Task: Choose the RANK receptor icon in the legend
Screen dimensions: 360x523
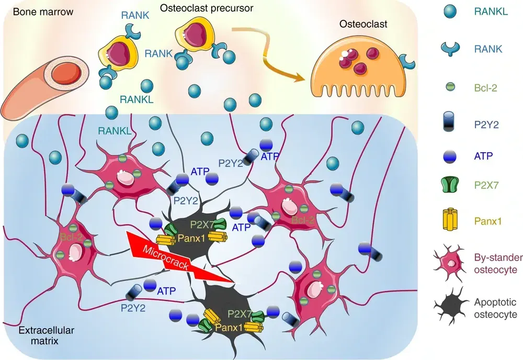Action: (448, 49)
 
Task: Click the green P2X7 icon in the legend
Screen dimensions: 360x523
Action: (448, 187)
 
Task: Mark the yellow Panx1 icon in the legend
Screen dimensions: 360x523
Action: (448, 221)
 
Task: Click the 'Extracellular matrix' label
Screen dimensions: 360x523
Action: (39, 335)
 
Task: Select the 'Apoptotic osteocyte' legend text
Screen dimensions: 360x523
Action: (495, 308)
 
